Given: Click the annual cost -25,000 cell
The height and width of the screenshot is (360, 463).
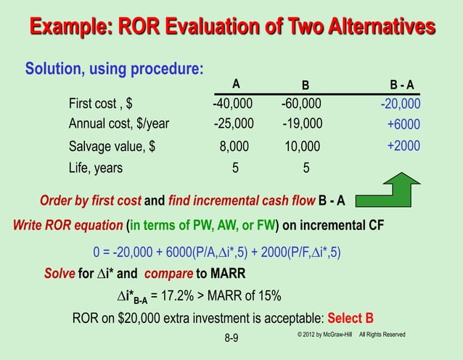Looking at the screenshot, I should [234, 123].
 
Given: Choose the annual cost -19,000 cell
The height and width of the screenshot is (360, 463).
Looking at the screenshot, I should [302, 123].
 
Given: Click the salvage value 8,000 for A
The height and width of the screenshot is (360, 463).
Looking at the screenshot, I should [234, 146].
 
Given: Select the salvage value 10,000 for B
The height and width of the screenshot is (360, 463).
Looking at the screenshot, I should [302, 146].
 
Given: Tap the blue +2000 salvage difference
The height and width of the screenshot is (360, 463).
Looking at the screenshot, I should [403, 145].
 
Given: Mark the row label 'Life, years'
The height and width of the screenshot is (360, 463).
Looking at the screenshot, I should [95, 168].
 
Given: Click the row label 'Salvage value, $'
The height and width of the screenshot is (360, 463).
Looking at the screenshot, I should [111, 146].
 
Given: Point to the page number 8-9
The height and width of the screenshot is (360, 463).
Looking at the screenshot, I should [231, 337].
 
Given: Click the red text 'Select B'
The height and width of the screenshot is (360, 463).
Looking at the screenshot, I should [351, 318].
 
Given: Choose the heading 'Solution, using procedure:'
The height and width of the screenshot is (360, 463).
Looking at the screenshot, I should [114, 69].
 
